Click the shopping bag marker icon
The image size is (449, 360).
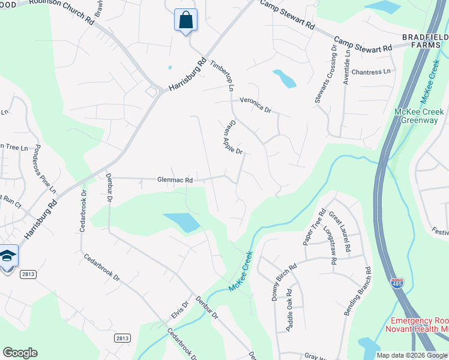click(185, 20)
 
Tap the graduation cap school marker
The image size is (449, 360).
click(8, 257)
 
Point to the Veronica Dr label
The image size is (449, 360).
click(256, 106)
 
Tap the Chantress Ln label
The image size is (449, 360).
click(370, 72)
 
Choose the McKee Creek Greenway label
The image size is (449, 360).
click(419, 116)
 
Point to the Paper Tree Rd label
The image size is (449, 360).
click(314, 227)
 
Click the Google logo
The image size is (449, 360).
click(20, 353)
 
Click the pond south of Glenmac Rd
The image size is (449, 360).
click(182, 223)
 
